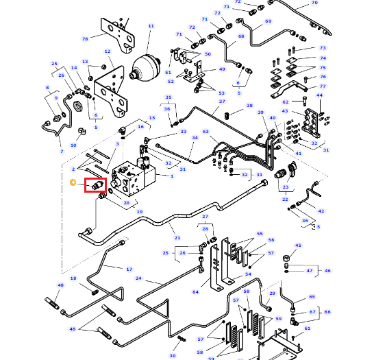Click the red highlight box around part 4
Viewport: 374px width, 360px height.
coord(95,185)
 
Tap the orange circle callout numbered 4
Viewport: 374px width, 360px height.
coord(73,182)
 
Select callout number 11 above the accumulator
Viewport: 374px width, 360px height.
coord(151,26)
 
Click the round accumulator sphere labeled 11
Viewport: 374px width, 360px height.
coord(145,68)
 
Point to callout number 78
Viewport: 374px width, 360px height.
coord(85,38)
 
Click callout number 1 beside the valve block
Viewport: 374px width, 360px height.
coord(172,176)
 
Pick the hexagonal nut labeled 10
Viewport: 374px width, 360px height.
coord(78,106)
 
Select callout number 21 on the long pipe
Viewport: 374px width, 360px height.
coord(177,238)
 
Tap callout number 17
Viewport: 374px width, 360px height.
coord(129,269)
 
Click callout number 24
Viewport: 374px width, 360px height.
coord(138,278)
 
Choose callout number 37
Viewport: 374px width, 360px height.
coord(222,101)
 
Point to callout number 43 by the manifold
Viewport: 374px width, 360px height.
coord(285,111)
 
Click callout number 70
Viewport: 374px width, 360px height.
coord(314,3)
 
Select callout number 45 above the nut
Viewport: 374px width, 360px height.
coord(298,245)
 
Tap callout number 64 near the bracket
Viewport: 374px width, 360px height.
coord(195,291)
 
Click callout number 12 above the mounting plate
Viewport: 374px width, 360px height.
coord(108,51)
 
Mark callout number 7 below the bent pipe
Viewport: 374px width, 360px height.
coord(62,151)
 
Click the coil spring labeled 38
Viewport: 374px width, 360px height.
coord(227,116)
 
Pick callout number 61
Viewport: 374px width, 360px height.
coord(307,328)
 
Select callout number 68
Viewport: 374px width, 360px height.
coord(241,36)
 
